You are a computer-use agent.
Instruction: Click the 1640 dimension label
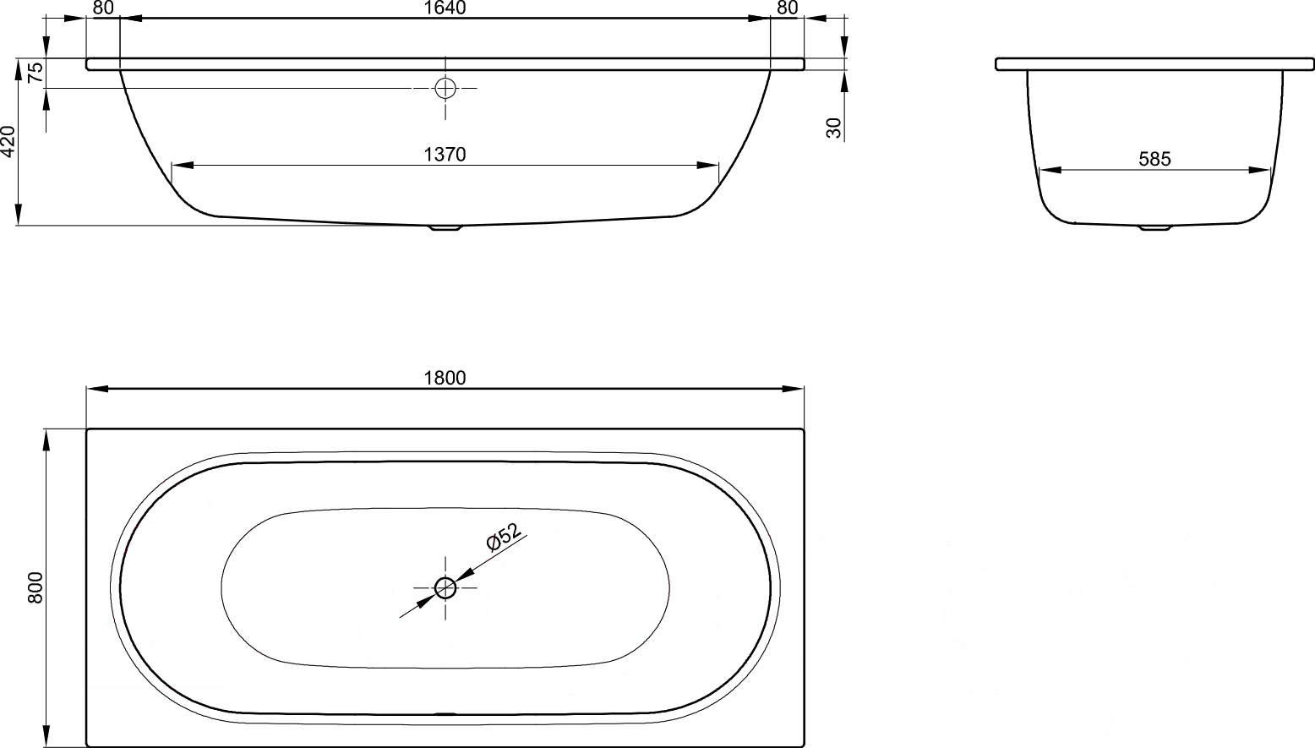point(445,8)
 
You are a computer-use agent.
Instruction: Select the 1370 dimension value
point(445,155)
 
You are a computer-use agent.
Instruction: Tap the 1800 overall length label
point(445,378)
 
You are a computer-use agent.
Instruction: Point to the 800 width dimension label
point(35,587)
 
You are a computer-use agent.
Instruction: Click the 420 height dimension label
point(8,141)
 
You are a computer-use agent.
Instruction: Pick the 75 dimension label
point(35,72)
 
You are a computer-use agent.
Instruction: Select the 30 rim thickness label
point(833,128)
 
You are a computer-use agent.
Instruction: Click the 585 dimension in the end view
point(1154,159)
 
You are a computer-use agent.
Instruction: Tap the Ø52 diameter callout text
point(504,538)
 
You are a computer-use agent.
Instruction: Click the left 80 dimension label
point(103,8)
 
